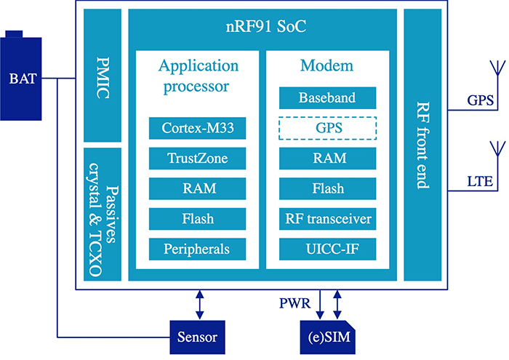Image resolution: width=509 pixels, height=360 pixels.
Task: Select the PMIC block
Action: point(102,76)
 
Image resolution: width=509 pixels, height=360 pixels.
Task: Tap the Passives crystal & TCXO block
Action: point(102,215)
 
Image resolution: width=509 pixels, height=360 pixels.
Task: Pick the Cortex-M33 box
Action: point(196,129)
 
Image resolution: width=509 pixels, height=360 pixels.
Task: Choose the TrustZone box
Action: point(196,159)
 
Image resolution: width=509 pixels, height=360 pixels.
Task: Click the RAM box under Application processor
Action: point(196,189)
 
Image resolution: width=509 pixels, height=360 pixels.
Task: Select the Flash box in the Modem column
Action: point(327,189)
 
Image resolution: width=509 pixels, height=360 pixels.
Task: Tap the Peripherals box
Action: point(196,249)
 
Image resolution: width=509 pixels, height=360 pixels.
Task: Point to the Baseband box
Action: point(327,98)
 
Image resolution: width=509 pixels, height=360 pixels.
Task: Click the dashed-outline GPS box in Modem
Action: point(327,129)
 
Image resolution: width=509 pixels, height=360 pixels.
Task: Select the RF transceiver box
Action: point(327,219)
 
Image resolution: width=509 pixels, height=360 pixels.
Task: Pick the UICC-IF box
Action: point(327,249)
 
